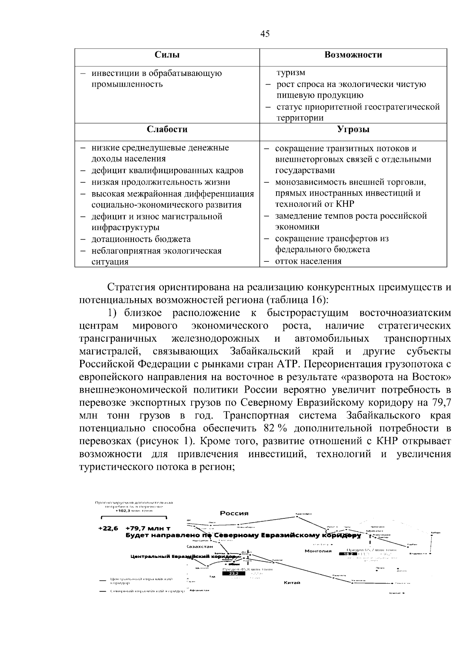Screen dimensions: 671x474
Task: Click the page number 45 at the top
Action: (x=265, y=34)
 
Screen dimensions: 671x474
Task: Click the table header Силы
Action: (x=167, y=55)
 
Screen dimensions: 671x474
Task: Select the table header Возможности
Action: (x=353, y=55)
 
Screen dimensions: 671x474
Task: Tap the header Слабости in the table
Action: (x=167, y=130)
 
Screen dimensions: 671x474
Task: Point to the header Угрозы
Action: (x=353, y=130)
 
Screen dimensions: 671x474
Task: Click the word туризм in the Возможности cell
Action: (x=290, y=73)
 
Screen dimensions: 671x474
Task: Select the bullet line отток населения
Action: (x=308, y=261)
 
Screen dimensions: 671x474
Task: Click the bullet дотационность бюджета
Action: (x=141, y=239)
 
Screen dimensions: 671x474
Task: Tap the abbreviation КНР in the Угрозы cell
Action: (x=345, y=204)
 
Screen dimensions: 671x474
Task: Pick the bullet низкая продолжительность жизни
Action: (x=160, y=182)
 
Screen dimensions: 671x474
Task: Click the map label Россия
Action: (x=234, y=513)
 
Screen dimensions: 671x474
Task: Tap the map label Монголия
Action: (x=318, y=551)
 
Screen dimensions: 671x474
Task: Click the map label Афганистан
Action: (x=199, y=590)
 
